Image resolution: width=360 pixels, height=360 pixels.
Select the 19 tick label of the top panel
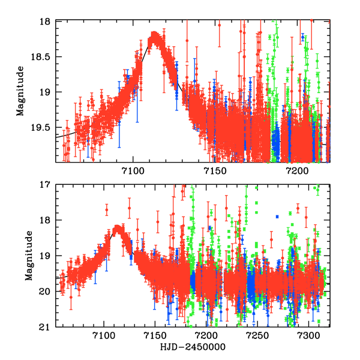tap(48, 92)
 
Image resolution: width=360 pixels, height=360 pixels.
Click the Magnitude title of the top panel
tap(20, 91)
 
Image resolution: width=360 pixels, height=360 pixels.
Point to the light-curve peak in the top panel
tap(155, 35)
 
